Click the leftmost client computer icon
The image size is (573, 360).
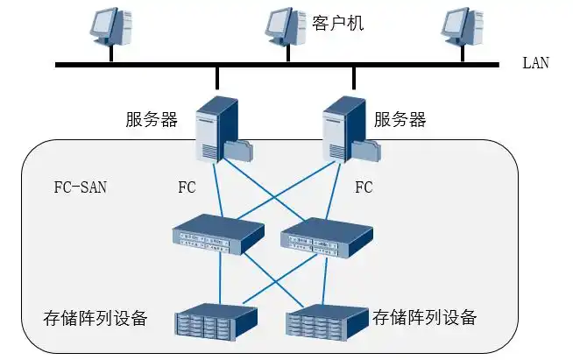111,28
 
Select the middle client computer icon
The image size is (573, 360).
286,28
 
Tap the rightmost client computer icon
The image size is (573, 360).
461,28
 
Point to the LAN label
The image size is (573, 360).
535,64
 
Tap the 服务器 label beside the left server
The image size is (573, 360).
152,119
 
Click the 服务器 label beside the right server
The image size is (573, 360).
400,119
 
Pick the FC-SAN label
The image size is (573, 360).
80,187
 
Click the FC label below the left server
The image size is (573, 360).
187,187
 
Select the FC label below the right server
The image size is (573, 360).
364,187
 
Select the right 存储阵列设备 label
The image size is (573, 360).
425,316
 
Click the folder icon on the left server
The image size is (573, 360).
239,150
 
